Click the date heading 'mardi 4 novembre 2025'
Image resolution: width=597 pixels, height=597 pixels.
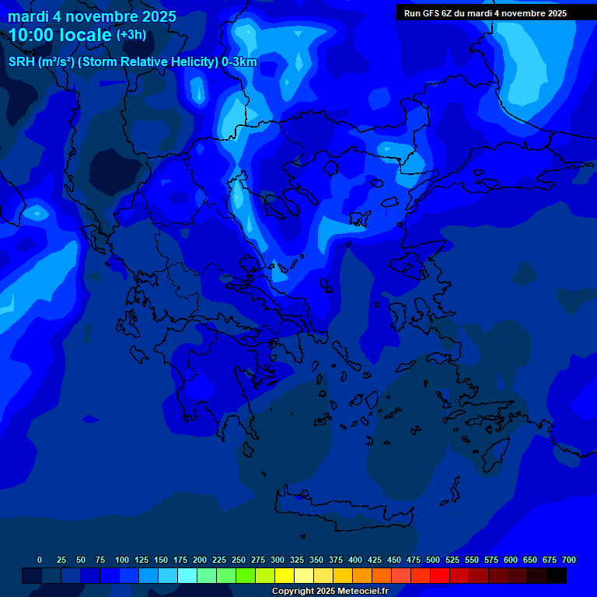click(92, 16)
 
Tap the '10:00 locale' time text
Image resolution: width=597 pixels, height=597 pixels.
click(61, 35)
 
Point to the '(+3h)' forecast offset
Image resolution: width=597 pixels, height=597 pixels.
click(131, 35)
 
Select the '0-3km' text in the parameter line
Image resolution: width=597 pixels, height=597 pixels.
click(239, 62)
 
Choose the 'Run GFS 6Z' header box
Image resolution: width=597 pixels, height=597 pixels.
click(485, 13)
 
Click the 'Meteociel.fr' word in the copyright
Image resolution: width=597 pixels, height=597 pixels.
click(362, 592)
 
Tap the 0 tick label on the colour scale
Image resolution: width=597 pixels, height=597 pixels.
click(40, 560)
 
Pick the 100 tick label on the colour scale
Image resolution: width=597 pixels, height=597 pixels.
click(122, 560)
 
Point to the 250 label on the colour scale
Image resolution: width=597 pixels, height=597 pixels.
click(239, 560)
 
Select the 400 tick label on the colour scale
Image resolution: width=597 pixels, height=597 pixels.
click(355, 560)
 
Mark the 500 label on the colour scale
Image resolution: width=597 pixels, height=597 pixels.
click(433, 560)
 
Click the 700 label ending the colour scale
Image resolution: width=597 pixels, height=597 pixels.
click(569, 560)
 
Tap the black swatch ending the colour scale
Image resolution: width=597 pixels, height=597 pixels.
click(557, 576)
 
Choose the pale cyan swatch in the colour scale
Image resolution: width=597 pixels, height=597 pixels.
click(187, 576)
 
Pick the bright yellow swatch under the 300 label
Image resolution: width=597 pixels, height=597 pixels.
click(285, 576)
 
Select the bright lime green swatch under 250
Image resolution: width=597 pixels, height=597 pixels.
click(246, 576)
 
